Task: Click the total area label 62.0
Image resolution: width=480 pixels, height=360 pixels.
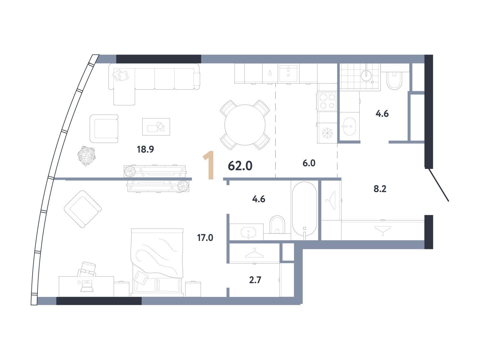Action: click(240, 166)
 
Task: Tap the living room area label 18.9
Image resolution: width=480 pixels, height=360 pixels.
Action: click(145, 149)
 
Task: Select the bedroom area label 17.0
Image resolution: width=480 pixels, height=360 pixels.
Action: click(205, 238)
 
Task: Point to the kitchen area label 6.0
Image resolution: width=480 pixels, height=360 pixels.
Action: click(309, 163)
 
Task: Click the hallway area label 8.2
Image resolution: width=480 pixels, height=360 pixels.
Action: click(380, 189)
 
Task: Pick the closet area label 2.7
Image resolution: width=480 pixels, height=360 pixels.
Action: click(255, 280)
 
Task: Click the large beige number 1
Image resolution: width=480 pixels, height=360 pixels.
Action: click(208, 165)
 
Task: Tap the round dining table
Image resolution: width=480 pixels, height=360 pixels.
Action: click(245, 125)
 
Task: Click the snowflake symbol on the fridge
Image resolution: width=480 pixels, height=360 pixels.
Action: click(327, 133)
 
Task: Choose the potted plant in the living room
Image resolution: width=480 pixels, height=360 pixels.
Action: click(86, 156)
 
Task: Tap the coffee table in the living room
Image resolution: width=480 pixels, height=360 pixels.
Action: click(156, 127)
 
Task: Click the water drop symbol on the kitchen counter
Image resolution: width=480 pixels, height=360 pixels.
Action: click(270, 73)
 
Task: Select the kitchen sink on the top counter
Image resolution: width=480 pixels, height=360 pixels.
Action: click(288, 73)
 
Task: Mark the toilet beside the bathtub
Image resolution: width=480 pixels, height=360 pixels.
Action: click(277, 224)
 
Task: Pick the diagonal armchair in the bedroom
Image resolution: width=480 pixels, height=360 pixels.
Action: click(83, 209)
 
